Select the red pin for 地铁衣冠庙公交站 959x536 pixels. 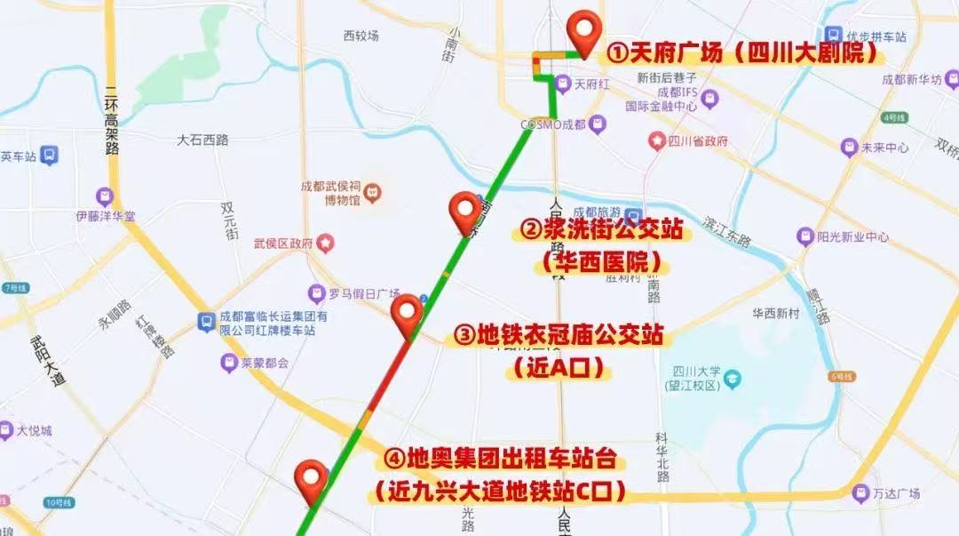pos(407,314)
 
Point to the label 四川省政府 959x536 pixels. pos(697,141)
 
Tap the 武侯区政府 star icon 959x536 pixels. pos(326,242)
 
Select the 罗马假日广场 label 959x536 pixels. pos(364,293)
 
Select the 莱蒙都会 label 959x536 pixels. pos(265,363)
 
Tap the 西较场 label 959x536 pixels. pos(361,36)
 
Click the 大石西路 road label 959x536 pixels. pos(202,140)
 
